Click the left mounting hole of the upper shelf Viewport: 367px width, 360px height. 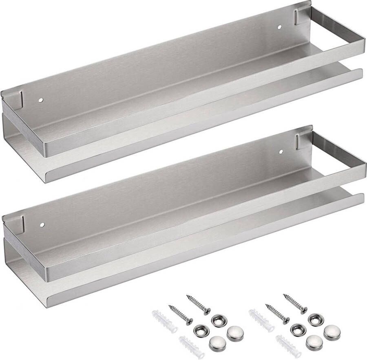pos(41,99)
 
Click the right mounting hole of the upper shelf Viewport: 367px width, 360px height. pos(280,27)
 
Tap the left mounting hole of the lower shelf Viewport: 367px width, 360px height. pos(41,224)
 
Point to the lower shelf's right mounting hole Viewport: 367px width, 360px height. pos(281,152)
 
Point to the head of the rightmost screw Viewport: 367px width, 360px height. pos(305,310)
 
